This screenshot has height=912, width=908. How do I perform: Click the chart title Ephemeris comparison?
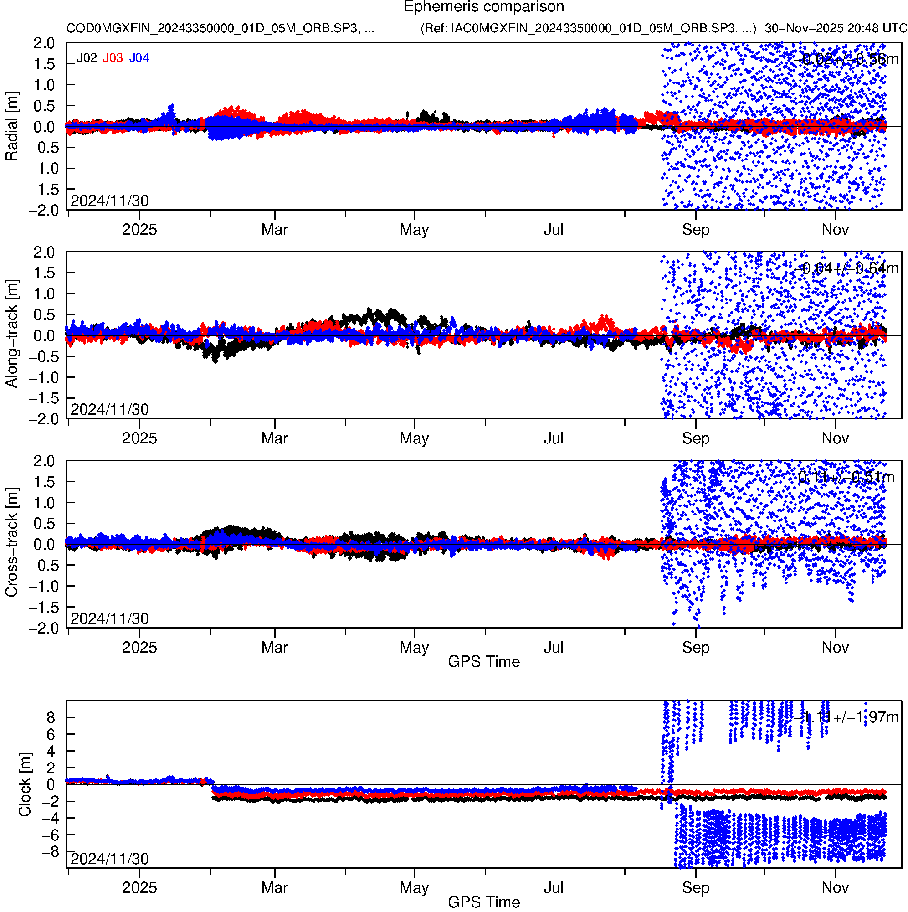(x=484, y=7)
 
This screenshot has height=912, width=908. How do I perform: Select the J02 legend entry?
(x=87, y=58)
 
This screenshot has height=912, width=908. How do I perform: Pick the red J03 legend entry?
(x=113, y=58)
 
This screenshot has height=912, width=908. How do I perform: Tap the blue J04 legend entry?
(x=139, y=58)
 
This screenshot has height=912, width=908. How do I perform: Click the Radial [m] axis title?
(x=12, y=127)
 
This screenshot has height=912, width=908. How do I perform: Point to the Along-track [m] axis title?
(x=12, y=334)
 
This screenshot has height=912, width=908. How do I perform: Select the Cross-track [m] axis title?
(x=12, y=542)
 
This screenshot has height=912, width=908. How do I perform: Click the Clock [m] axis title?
(x=25, y=784)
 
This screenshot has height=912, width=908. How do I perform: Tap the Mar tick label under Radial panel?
(x=275, y=230)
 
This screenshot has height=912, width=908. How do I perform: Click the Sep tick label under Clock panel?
(x=696, y=888)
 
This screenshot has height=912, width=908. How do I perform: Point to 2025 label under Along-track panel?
(x=139, y=438)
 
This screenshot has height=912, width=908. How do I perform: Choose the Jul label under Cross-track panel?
(x=554, y=648)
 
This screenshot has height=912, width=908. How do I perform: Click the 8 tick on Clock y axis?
(x=51, y=718)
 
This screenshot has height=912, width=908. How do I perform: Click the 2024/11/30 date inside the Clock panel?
(x=109, y=859)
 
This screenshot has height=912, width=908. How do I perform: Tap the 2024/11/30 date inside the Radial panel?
(x=109, y=201)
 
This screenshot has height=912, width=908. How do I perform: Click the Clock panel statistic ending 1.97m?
(x=846, y=718)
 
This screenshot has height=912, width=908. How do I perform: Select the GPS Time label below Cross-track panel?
(x=484, y=662)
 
